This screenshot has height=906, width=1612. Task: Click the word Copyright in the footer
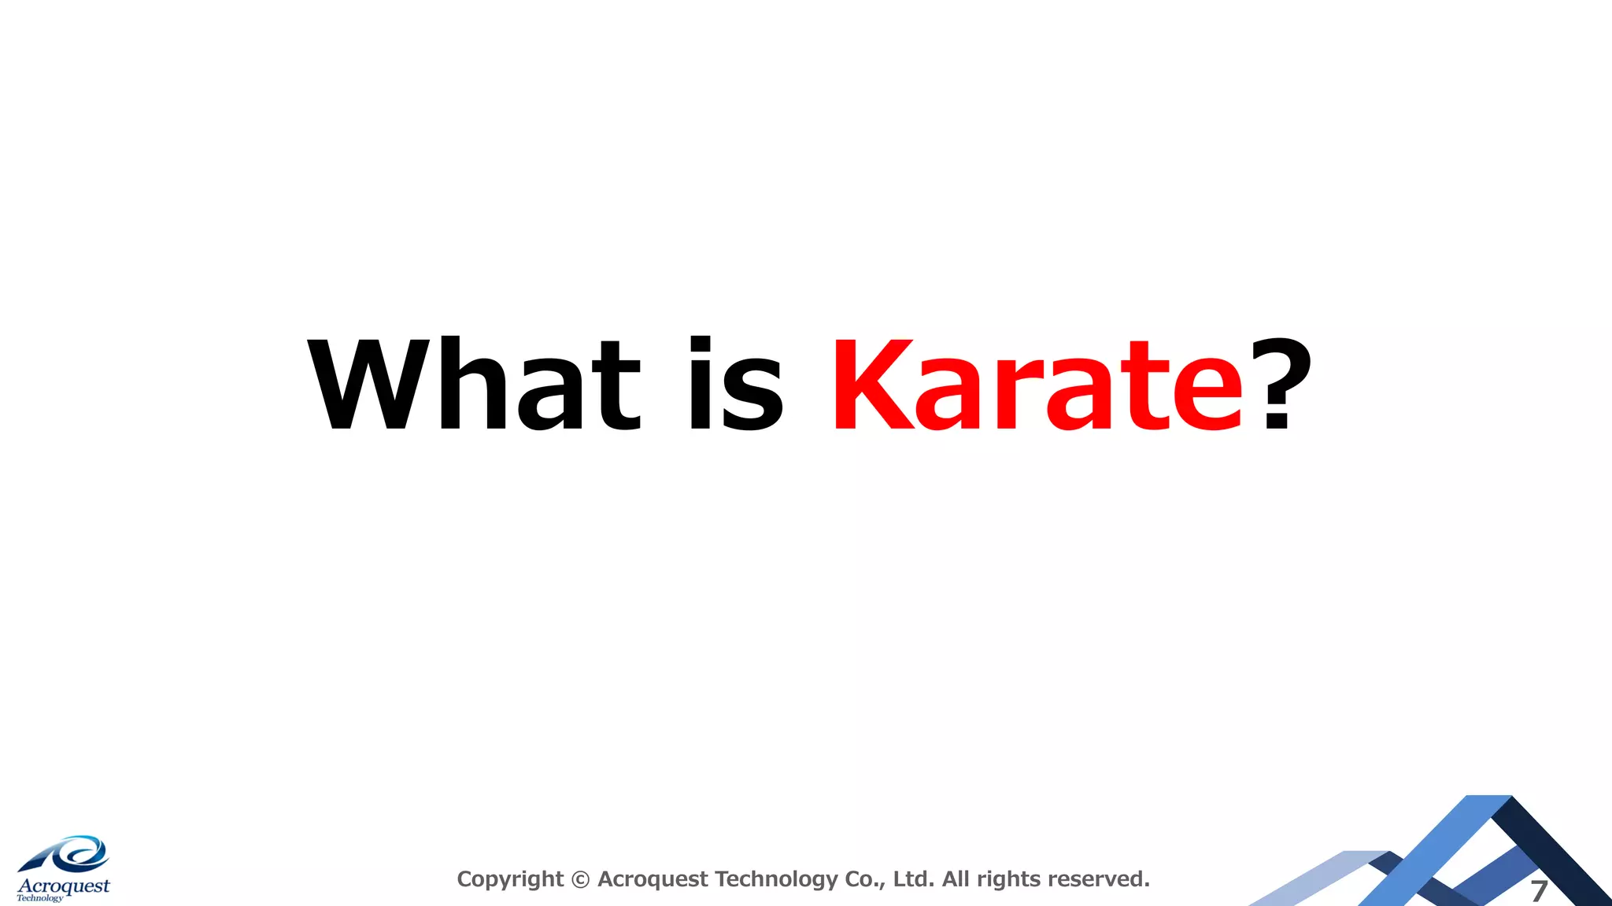[x=510, y=879]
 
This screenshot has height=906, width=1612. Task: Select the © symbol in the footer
[x=580, y=879]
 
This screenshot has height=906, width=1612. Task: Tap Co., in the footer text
[x=865, y=879]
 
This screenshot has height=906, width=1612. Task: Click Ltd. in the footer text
[x=914, y=879]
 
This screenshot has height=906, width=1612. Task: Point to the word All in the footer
[x=956, y=879]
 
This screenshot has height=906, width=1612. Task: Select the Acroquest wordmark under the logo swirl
[x=64, y=886]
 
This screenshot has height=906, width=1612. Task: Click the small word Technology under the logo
[x=39, y=898]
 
